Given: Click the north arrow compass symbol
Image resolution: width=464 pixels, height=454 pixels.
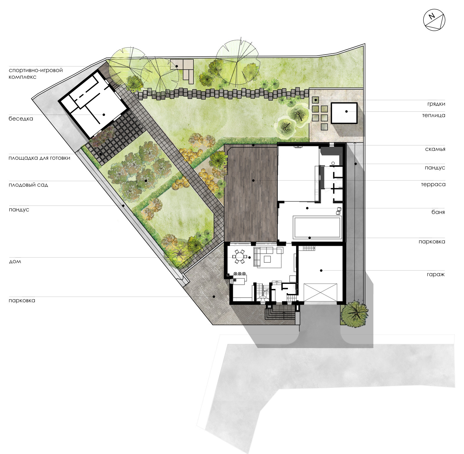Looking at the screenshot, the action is [434, 20].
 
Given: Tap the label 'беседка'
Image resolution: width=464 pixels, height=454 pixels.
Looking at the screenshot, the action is [21, 119].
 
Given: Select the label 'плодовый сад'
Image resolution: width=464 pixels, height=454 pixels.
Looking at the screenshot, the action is [28, 185].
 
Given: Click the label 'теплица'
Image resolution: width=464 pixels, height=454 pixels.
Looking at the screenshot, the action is [434, 115].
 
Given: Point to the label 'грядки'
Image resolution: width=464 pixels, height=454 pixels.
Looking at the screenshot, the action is [436, 104].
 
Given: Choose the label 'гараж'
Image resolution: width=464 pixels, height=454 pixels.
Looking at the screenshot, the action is [436, 274].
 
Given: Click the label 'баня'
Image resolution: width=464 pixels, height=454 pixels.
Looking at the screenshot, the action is [438, 212].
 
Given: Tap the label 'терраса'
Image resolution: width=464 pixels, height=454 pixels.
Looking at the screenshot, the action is [433, 184].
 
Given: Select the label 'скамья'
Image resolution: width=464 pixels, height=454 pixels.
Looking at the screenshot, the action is [435, 149].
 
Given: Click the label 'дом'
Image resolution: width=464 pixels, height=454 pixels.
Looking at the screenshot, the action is [15, 262].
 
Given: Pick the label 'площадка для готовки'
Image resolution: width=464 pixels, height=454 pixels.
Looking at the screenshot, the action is [39, 158].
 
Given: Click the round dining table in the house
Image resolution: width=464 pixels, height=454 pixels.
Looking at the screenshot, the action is [240, 257].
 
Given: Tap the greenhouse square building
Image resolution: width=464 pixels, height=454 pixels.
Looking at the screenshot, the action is [344, 113].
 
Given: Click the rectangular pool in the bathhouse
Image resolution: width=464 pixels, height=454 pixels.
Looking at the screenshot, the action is [317, 227].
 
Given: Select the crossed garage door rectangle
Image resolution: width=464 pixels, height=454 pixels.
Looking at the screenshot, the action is [320, 293].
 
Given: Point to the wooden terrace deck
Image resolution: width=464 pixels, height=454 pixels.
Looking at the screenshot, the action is [251, 193].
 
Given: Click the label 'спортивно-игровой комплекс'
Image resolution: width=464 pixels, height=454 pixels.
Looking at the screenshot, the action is [36, 73].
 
